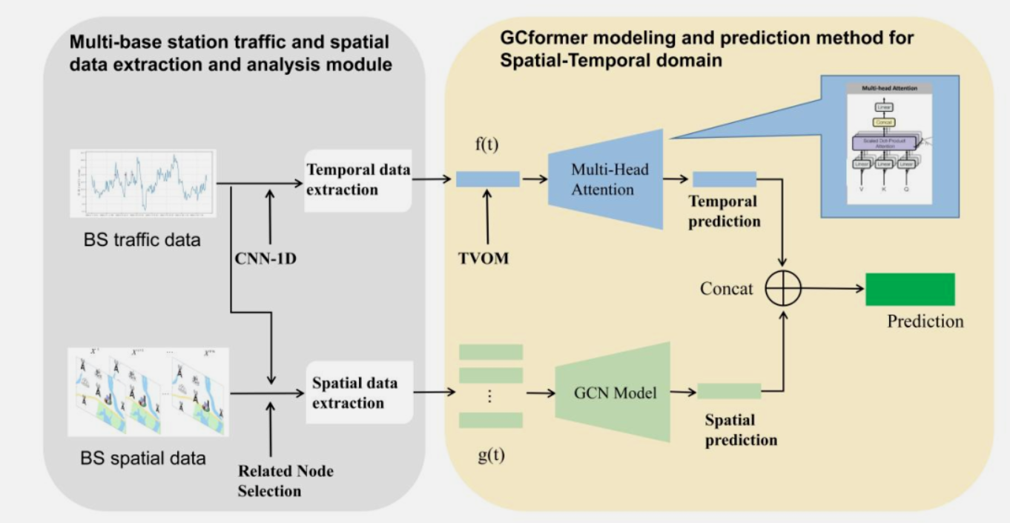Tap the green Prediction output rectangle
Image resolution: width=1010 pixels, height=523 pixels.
pos(910,290)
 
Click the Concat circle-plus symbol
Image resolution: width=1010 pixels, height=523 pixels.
pos(783,289)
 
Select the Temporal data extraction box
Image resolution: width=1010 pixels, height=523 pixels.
pos(357,179)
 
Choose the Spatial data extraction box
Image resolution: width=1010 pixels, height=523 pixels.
pos(357,393)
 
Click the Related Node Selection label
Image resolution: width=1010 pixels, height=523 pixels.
pos(274,481)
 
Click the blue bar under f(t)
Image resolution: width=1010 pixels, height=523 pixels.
pos(487,179)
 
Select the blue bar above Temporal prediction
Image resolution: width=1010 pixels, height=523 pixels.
pos(724,179)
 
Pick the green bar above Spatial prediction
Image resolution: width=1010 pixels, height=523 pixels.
pos(729,391)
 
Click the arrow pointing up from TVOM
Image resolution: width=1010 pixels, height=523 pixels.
pos(486,219)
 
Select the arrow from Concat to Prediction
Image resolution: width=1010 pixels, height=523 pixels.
pos(832,289)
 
